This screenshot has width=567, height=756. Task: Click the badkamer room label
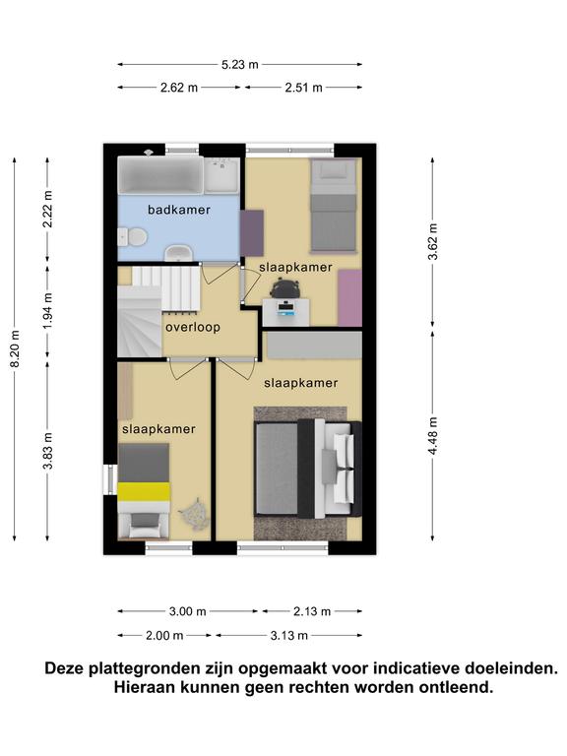(x=179, y=210)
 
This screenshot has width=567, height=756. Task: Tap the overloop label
(x=193, y=328)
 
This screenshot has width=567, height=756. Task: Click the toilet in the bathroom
(x=133, y=237)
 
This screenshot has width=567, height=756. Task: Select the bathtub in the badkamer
(x=161, y=174)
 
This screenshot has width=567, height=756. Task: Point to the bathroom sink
(x=179, y=253)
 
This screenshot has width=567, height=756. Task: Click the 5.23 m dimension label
(x=239, y=65)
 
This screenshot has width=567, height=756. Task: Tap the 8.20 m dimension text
(x=15, y=349)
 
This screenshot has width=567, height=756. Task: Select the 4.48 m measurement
(x=432, y=436)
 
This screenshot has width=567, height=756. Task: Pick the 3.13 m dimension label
(x=288, y=636)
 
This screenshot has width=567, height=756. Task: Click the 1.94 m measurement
(x=47, y=311)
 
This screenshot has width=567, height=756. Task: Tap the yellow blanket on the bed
(x=144, y=491)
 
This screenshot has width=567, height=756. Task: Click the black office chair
(x=284, y=289)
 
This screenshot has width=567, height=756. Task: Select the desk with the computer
(x=285, y=312)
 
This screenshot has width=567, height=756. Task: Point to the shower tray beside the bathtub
(x=221, y=174)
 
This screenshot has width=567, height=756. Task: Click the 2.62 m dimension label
(x=179, y=88)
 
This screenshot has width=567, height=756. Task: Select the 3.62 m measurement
(x=432, y=241)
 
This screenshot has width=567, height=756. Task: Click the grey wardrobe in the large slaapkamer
(x=314, y=345)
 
